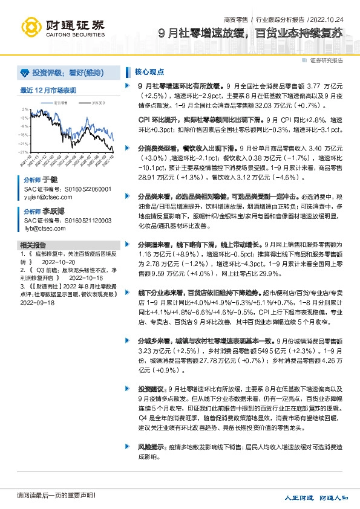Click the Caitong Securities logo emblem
click(x=31, y=27)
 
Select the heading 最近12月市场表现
click(x=48, y=90)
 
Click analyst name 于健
click(x=49, y=180)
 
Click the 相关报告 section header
click(x=33, y=245)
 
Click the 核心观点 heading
click(x=146, y=71)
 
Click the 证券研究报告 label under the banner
click(x=327, y=60)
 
